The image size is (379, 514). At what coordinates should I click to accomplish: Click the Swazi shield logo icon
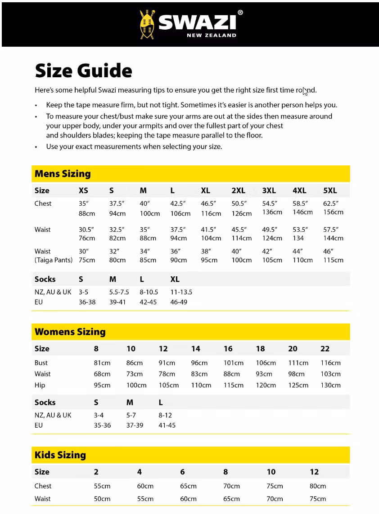click(148, 24)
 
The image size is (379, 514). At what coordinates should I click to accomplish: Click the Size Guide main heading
click(83, 71)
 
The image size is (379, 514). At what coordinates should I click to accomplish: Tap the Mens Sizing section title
click(63, 173)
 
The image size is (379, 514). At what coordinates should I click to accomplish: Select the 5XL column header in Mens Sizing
click(330, 191)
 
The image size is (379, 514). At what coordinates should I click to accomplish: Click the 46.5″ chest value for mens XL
click(208, 204)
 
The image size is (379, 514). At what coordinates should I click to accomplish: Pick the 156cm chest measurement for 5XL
click(333, 212)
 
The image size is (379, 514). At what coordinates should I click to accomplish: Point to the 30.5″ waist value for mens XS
click(86, 230)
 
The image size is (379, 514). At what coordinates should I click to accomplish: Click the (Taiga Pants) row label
click(54, 260)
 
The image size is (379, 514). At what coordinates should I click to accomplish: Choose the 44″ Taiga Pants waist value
click(298, 252)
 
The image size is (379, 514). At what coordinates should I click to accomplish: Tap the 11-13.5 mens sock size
click(181, 292)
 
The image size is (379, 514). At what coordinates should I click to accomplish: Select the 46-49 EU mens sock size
click(179, 302)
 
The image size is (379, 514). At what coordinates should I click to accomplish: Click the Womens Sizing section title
click(70, 332)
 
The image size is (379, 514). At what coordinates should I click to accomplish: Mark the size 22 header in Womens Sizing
click(325, 349)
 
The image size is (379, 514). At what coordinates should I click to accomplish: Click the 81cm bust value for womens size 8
click(102, 363)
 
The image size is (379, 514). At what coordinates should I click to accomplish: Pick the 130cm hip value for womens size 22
click(330, 385)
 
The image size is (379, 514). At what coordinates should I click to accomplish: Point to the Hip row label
click(40, 385)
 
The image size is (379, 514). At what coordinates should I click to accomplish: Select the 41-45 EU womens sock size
click(167, 425)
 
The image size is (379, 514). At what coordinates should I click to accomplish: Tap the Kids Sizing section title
click(60, 455)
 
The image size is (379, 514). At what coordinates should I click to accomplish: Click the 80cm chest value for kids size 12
click(318, 486)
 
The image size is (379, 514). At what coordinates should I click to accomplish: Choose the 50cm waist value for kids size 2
click(102, 499)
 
